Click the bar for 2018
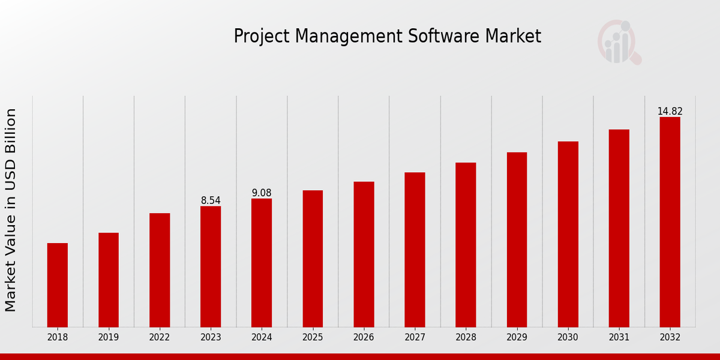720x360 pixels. pyautogui.click(x=58, y=285)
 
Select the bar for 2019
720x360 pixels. pyautogui.click(x=109, y=280)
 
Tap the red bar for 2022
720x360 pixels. pyautogui.click(x=160, y=270)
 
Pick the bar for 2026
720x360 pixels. pyautogui.click(x=364, y=254)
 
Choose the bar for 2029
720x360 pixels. pyautogui.click(x=517, y=239)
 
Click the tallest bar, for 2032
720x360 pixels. pyautogui.click(x=670, y=222)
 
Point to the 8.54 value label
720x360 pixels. pyautogui.click(x=211, y=200)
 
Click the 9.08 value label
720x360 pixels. pyautogui.click(x=262, y=193)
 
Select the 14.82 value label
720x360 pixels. pyautogui.click(x=670, y=111)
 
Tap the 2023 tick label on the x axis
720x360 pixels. pyautogui.click(x=211, y=338)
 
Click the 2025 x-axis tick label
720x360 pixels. pyautogui.click(x=313, y=338)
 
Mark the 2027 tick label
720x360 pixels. pyautogui.click(x=415, y=338)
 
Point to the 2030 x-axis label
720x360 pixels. pyautogui.click(x=568, y=338)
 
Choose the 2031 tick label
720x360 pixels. pyautogui.click(x=619, y=338)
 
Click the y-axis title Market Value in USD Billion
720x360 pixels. pyautogui.click(x=11, y=210)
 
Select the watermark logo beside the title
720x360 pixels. pyautogui.click(x=619, y=42)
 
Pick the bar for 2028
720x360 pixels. pyautogui.click(x=466, y=245)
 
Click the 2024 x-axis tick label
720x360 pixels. pyautogui.click(x=262, y=338)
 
